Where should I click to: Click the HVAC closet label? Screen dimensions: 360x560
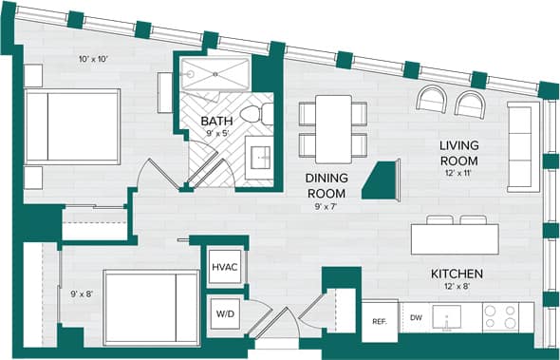pyautogui.click(x=224, y=267)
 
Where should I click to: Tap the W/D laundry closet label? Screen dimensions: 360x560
pyautogui.click(x=224, y=312)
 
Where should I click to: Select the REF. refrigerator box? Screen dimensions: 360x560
pyautogui.click(x=379, y=321)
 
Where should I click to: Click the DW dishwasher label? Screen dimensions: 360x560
pyautogui.click(x=416, y=317)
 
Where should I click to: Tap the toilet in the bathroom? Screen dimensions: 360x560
pyautogui.click(x=252, y=115)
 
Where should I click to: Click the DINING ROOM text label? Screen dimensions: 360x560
pyautogui.click(x=326, y=185)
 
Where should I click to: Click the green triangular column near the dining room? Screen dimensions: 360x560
pyautogui.click(x=383, y=178)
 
